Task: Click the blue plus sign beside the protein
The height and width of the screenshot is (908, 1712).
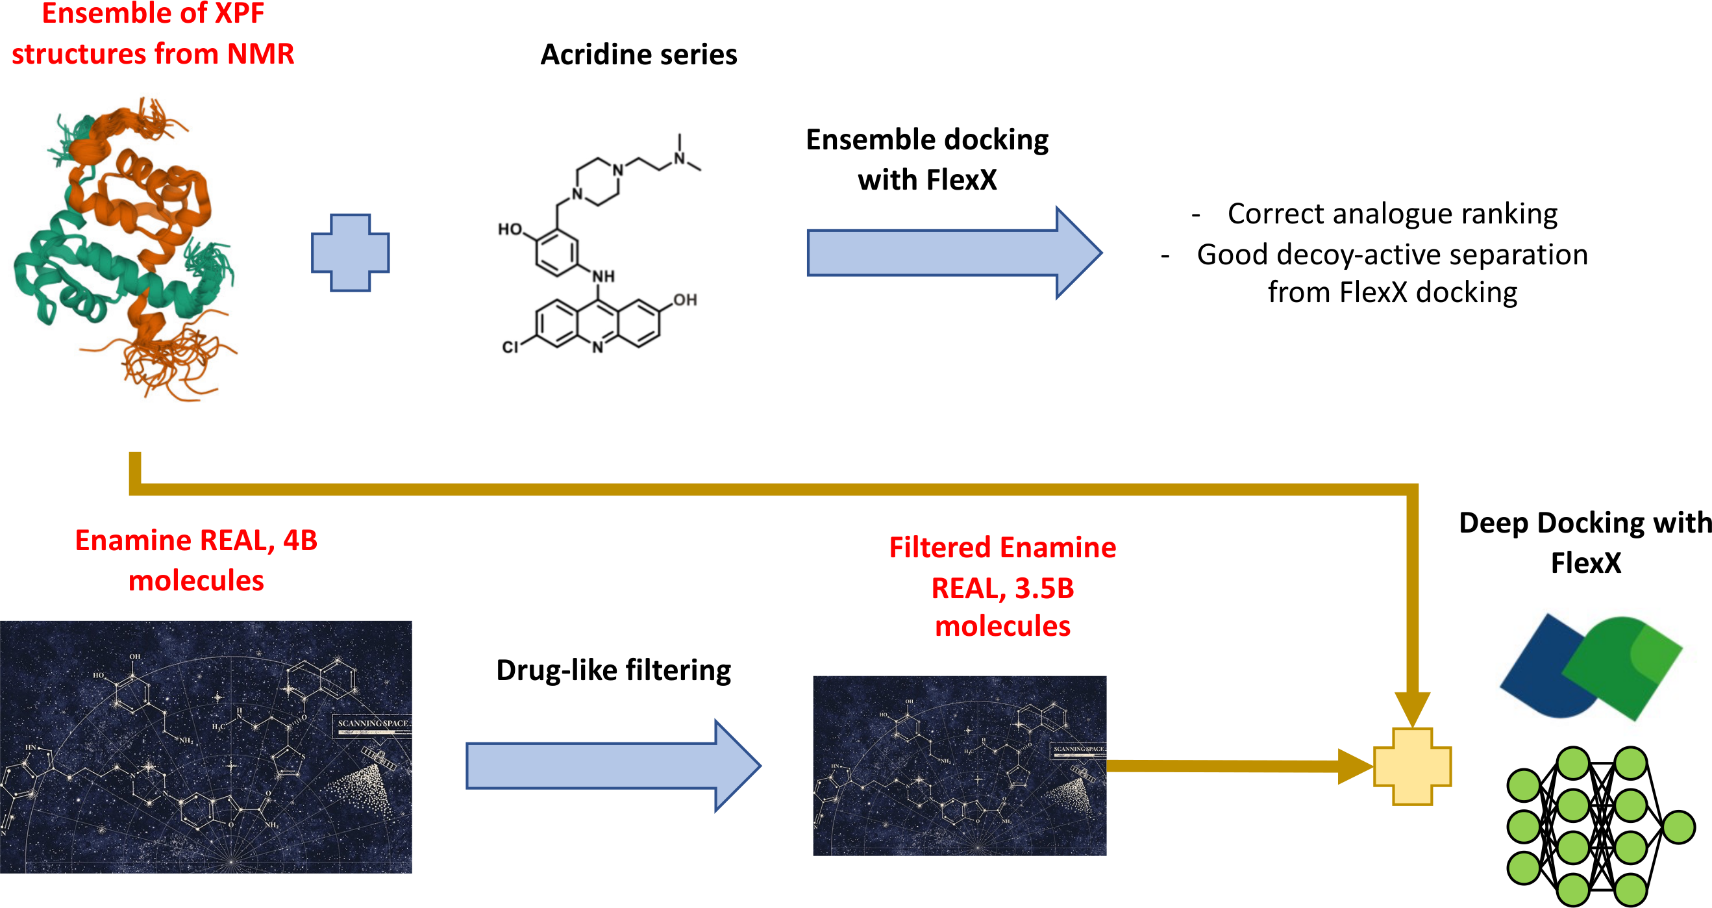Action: coord(350,253)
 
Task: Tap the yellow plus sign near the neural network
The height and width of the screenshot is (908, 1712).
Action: coord(1412,766)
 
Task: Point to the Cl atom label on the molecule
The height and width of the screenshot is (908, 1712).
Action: coord(510,347)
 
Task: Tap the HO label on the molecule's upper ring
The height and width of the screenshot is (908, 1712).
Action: coord(510,229)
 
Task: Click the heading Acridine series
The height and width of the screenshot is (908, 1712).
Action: coord(639,55)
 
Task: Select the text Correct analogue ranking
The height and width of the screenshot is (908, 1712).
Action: coord(1393,214)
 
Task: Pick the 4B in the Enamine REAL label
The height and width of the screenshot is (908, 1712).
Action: coord(301,540)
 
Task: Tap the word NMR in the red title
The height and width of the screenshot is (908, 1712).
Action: coord(260,54)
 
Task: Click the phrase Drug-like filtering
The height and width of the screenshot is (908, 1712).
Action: coord(614,670)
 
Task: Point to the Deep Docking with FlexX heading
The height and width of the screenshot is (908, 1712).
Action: coord(1585,542)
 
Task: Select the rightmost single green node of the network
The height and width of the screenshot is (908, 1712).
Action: coord(1679,827)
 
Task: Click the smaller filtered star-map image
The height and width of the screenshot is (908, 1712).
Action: coord(959,765)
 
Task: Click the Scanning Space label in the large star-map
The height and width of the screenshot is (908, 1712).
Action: coord(372,723)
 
